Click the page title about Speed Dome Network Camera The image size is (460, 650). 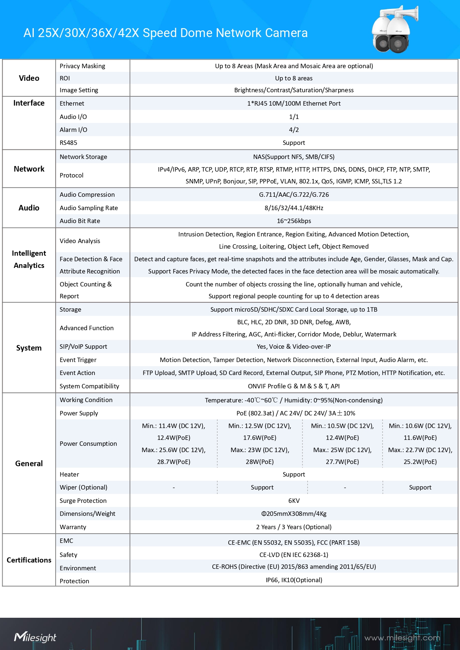[x=165, y=33]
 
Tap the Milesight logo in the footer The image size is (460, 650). [x=35, y=637]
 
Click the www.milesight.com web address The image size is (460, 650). [x=402, y=638]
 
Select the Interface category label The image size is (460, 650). [x=29, y=103]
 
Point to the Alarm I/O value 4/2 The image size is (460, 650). [x=294, y=130]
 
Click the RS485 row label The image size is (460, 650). [x=69, y=143]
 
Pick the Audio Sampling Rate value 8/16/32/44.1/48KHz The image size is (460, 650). [x=294, y=208]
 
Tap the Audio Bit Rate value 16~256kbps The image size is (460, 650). [x=294, y=221]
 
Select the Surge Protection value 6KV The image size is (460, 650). [x=294, y=501]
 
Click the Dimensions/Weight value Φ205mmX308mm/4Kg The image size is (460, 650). [x=294, y=514]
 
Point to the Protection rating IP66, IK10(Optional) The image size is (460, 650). [x=294, y=580]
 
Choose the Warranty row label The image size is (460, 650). [x=73, y=527]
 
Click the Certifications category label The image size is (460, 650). [x=29, y=560]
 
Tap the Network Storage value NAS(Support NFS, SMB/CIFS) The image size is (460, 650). [x=294, y=157]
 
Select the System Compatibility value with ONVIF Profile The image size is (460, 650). [x=294, y=386]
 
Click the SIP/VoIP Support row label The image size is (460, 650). [x=83, y=346]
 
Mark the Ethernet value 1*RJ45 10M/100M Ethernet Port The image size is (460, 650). [x=294, y=103]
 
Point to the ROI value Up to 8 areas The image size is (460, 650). [x=294, y=78]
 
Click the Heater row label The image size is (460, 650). [x=69, y=474]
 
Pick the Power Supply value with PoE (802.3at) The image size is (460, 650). [x=295, y=413]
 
